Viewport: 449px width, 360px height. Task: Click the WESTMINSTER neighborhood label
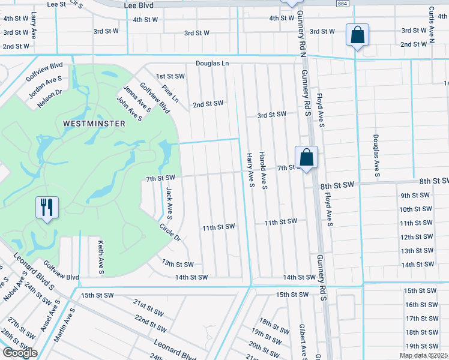coord(94,123)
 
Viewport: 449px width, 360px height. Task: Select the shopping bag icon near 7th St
coord(306,158)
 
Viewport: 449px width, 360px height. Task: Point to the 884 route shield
coord(342,4)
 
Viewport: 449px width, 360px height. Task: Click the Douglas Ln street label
coord(212,63)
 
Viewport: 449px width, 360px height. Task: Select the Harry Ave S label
coord(249,170)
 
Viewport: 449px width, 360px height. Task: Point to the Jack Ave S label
coord(169,202)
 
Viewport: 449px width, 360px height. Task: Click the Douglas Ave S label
coord(377,156)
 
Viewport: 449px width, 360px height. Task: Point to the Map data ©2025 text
coord(423,355)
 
